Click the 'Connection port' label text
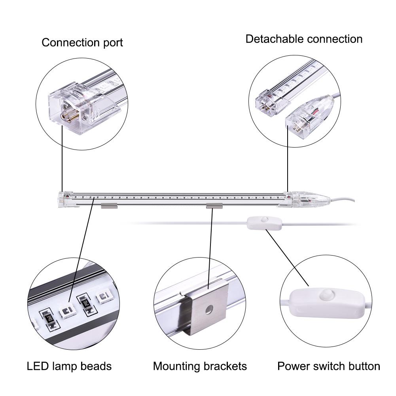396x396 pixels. pos(82,42)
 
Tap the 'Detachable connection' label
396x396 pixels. pos(304,39)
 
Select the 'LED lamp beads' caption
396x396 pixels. pos(69,366)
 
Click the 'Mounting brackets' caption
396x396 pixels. pos(200,366)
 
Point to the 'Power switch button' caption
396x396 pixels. pos(329,366)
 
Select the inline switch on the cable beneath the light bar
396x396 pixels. pos(264,224)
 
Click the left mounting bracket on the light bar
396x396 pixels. pos(110,206)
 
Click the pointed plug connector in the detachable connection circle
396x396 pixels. pos(310,117)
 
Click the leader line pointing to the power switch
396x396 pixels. pos(288,257)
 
